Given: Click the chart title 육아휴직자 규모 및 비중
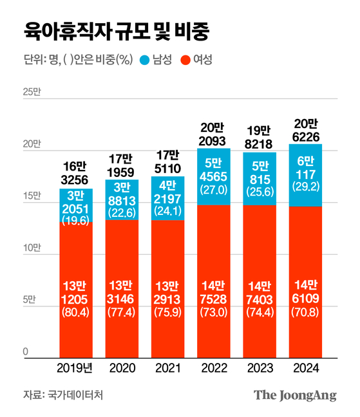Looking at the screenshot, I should (x=115, y=30).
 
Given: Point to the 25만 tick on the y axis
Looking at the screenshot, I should (x=31, y=93).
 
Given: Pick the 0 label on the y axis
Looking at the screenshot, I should (x=26, y=351).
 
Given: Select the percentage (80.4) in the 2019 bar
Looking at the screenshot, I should (x=76, y=315).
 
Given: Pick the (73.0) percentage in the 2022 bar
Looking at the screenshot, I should (x=213, y=315).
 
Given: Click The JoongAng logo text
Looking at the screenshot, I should (x=295, y=395).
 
